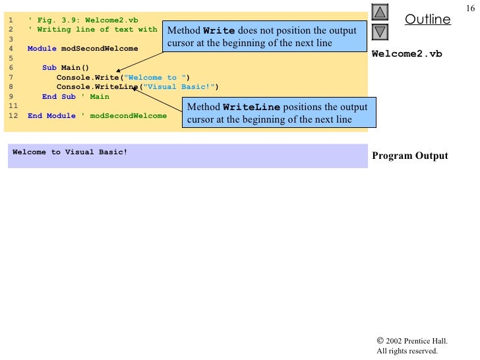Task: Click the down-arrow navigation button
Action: (380, 31)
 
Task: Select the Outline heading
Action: (427, 19)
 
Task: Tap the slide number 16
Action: (470, 7)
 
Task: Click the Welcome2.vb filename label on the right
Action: (407, 53)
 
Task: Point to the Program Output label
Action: (409, 156)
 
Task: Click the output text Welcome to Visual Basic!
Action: (69, 152)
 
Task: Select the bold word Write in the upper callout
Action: (218, 31)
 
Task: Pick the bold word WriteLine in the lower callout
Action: (251, 107)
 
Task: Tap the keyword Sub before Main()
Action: (49, 67)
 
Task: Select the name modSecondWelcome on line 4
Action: (100, 48)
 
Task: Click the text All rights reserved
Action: (407, 351)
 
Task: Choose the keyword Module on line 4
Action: (42, 48)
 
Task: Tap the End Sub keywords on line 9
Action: (59, 96)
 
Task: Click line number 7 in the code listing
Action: (11, 77)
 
